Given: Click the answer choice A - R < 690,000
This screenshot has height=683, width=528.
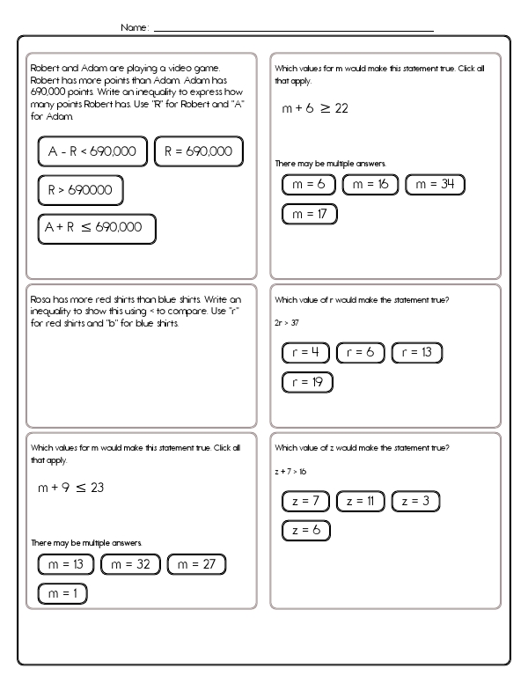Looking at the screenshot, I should click(92, 152).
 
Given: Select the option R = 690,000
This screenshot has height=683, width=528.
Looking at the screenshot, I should click(197, 152).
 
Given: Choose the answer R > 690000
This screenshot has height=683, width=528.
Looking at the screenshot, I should click(80, 190).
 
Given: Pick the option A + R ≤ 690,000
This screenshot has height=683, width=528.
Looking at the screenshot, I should click(96, 228).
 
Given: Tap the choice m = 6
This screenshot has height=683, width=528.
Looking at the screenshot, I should click(309, 185).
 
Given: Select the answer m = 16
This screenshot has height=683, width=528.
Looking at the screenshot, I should click(370, 185).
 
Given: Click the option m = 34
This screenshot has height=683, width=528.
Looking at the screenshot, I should click(435, 185).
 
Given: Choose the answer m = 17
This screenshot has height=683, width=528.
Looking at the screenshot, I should click(309, 214).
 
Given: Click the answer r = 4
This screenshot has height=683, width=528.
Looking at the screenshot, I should click(304, 353).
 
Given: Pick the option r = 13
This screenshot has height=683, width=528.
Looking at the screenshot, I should click(416, 353).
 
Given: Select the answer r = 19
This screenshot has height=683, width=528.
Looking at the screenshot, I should click(307, 382).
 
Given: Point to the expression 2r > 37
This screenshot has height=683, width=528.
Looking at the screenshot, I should click(287, 321).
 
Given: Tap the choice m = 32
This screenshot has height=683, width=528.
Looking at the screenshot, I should click(130, 565).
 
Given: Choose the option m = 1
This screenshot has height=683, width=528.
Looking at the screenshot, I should click(62, 594).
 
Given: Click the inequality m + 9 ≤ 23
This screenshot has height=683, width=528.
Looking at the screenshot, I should click(70, 488).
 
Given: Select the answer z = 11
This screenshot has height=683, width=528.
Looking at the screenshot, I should click(360, 501).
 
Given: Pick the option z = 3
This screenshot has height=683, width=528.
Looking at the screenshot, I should click(414, 501).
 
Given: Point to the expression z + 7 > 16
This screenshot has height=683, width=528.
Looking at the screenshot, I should click(290, 472).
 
